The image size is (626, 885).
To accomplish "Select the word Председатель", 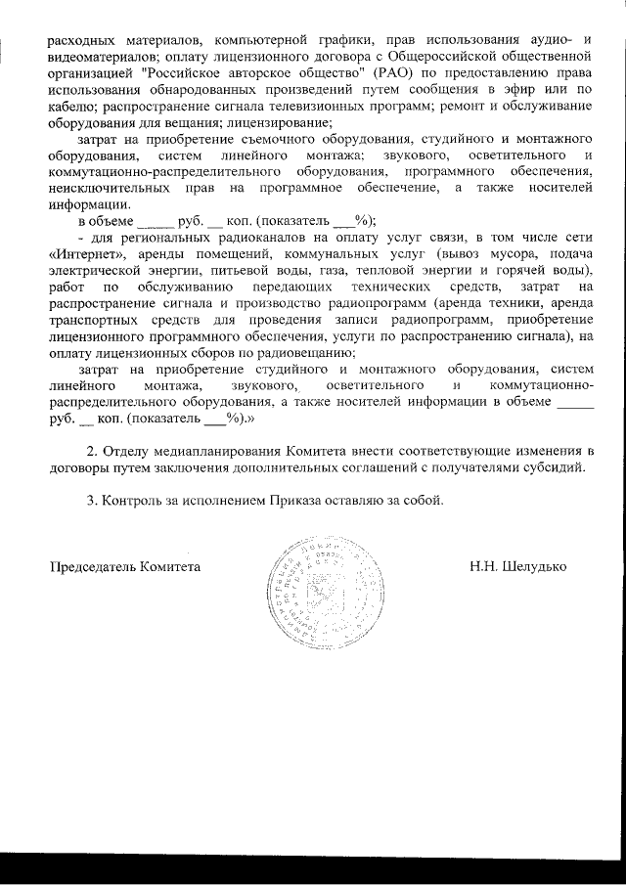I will pyautogui.click(x=93, y=567).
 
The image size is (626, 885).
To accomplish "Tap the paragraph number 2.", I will pyautogui.click(x=91, y=450).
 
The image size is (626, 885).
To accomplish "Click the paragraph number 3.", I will pyautogui.click(x=91, y=501).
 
